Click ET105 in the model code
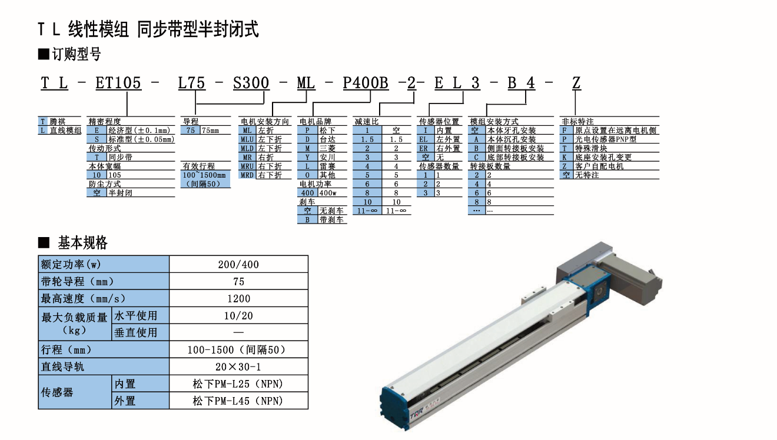coord(118,83)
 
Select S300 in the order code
coord(251,83)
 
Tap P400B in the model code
coord(366,83)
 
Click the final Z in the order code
coord(576,83)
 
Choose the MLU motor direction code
coord(247,139)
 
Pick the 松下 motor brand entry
coord(327,131)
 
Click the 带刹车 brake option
coord(331,220)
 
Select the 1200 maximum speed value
coord(238,299)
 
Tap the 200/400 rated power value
coord(238,265)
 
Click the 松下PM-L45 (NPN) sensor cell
coord(238,401)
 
